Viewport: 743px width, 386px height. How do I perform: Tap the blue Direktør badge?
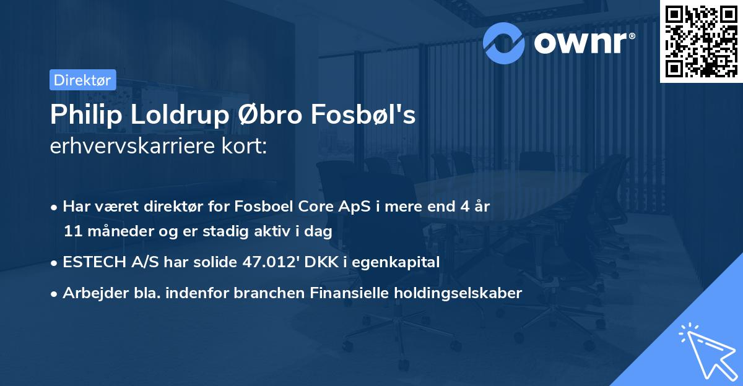(82, 80)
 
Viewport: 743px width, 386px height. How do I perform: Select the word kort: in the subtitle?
(245, 147)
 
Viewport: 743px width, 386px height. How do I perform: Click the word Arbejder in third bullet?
(90, 293)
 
